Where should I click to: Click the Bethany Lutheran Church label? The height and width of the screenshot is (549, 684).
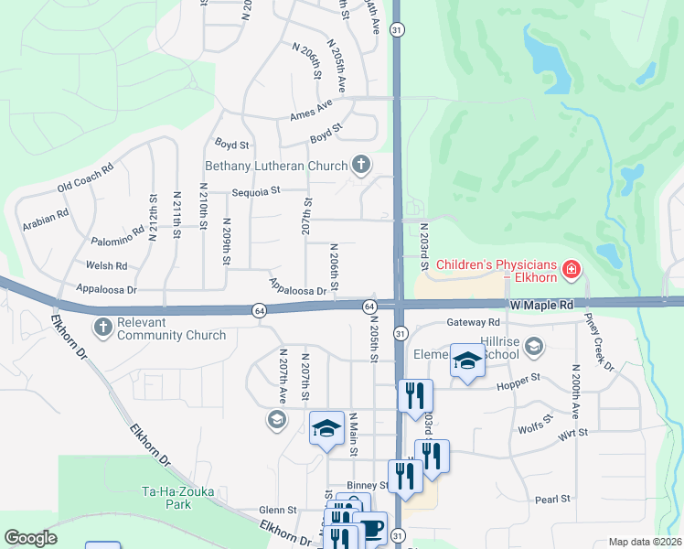coord(275,166)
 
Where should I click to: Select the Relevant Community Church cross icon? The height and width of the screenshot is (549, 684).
coord(102,327)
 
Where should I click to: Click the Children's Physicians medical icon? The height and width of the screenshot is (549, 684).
coord(572,269)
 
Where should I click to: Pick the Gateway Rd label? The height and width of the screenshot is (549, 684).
coord(474,322)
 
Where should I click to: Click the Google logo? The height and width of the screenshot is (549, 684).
coord(30,538)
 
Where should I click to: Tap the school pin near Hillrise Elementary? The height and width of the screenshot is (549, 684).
coord(466,362)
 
